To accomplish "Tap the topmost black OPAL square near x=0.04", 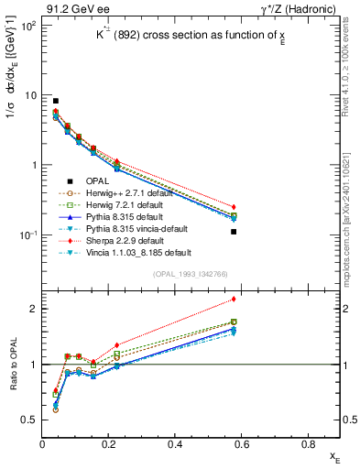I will coord(56,101).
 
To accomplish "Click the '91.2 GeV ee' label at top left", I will coord(67,8).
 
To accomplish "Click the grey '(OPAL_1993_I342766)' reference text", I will coord(190,275).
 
